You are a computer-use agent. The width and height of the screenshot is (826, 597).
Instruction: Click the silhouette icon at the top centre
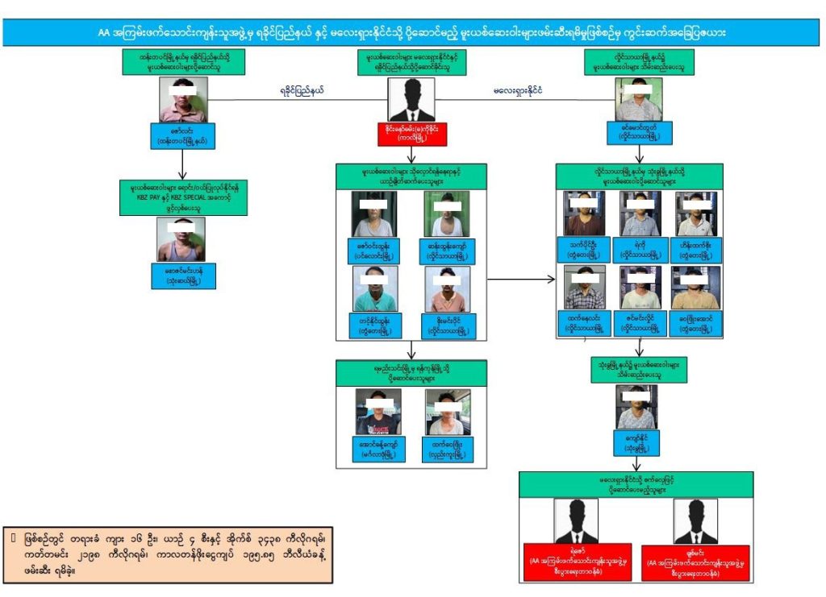click(412, 102)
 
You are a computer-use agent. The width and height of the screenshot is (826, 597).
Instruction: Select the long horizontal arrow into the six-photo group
click(521, 280)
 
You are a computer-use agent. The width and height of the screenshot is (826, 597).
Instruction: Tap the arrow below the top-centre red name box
click(412, 155)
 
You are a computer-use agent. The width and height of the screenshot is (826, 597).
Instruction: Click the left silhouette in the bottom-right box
click(576, 521)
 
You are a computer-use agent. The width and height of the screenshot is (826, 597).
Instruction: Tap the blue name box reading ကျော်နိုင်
click(636, 444)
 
